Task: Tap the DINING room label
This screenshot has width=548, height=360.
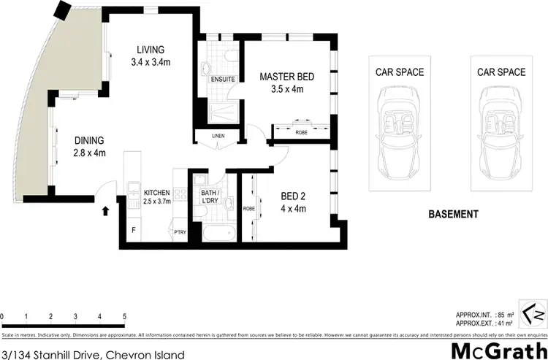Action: (x=88, y=140)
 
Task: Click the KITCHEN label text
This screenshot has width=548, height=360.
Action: (x=156, y=191)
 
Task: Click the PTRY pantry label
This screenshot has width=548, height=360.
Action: (x=179, y=233)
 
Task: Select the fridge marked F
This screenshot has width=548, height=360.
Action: (x=133, y=230)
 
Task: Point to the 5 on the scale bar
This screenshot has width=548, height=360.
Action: (x=125, y=316)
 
